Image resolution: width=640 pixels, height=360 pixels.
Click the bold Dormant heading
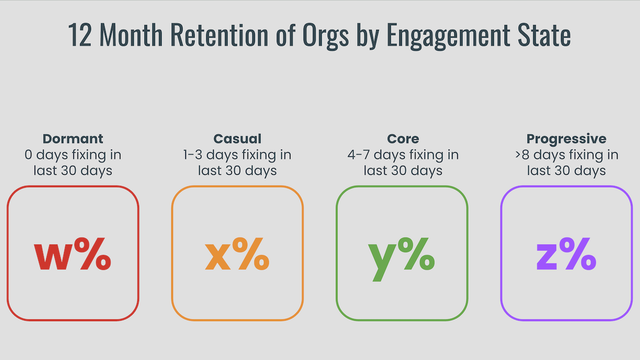point(73,139)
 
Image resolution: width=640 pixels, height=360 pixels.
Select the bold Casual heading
point(237,139)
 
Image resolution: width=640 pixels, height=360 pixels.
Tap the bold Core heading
point(403,139)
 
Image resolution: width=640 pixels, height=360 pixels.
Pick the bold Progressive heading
point(566,139)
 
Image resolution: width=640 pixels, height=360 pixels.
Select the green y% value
point(402,256)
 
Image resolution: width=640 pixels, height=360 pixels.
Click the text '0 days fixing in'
point(73,155)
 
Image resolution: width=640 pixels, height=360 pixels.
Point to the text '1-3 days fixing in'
point(237,155)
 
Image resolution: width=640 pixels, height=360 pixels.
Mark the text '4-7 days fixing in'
point(403,155)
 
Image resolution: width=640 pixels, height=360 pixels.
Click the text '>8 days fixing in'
point(566,155)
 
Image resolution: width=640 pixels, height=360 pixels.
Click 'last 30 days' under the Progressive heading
point(566,171)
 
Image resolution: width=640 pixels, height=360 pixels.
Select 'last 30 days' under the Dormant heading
point(73,171)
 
